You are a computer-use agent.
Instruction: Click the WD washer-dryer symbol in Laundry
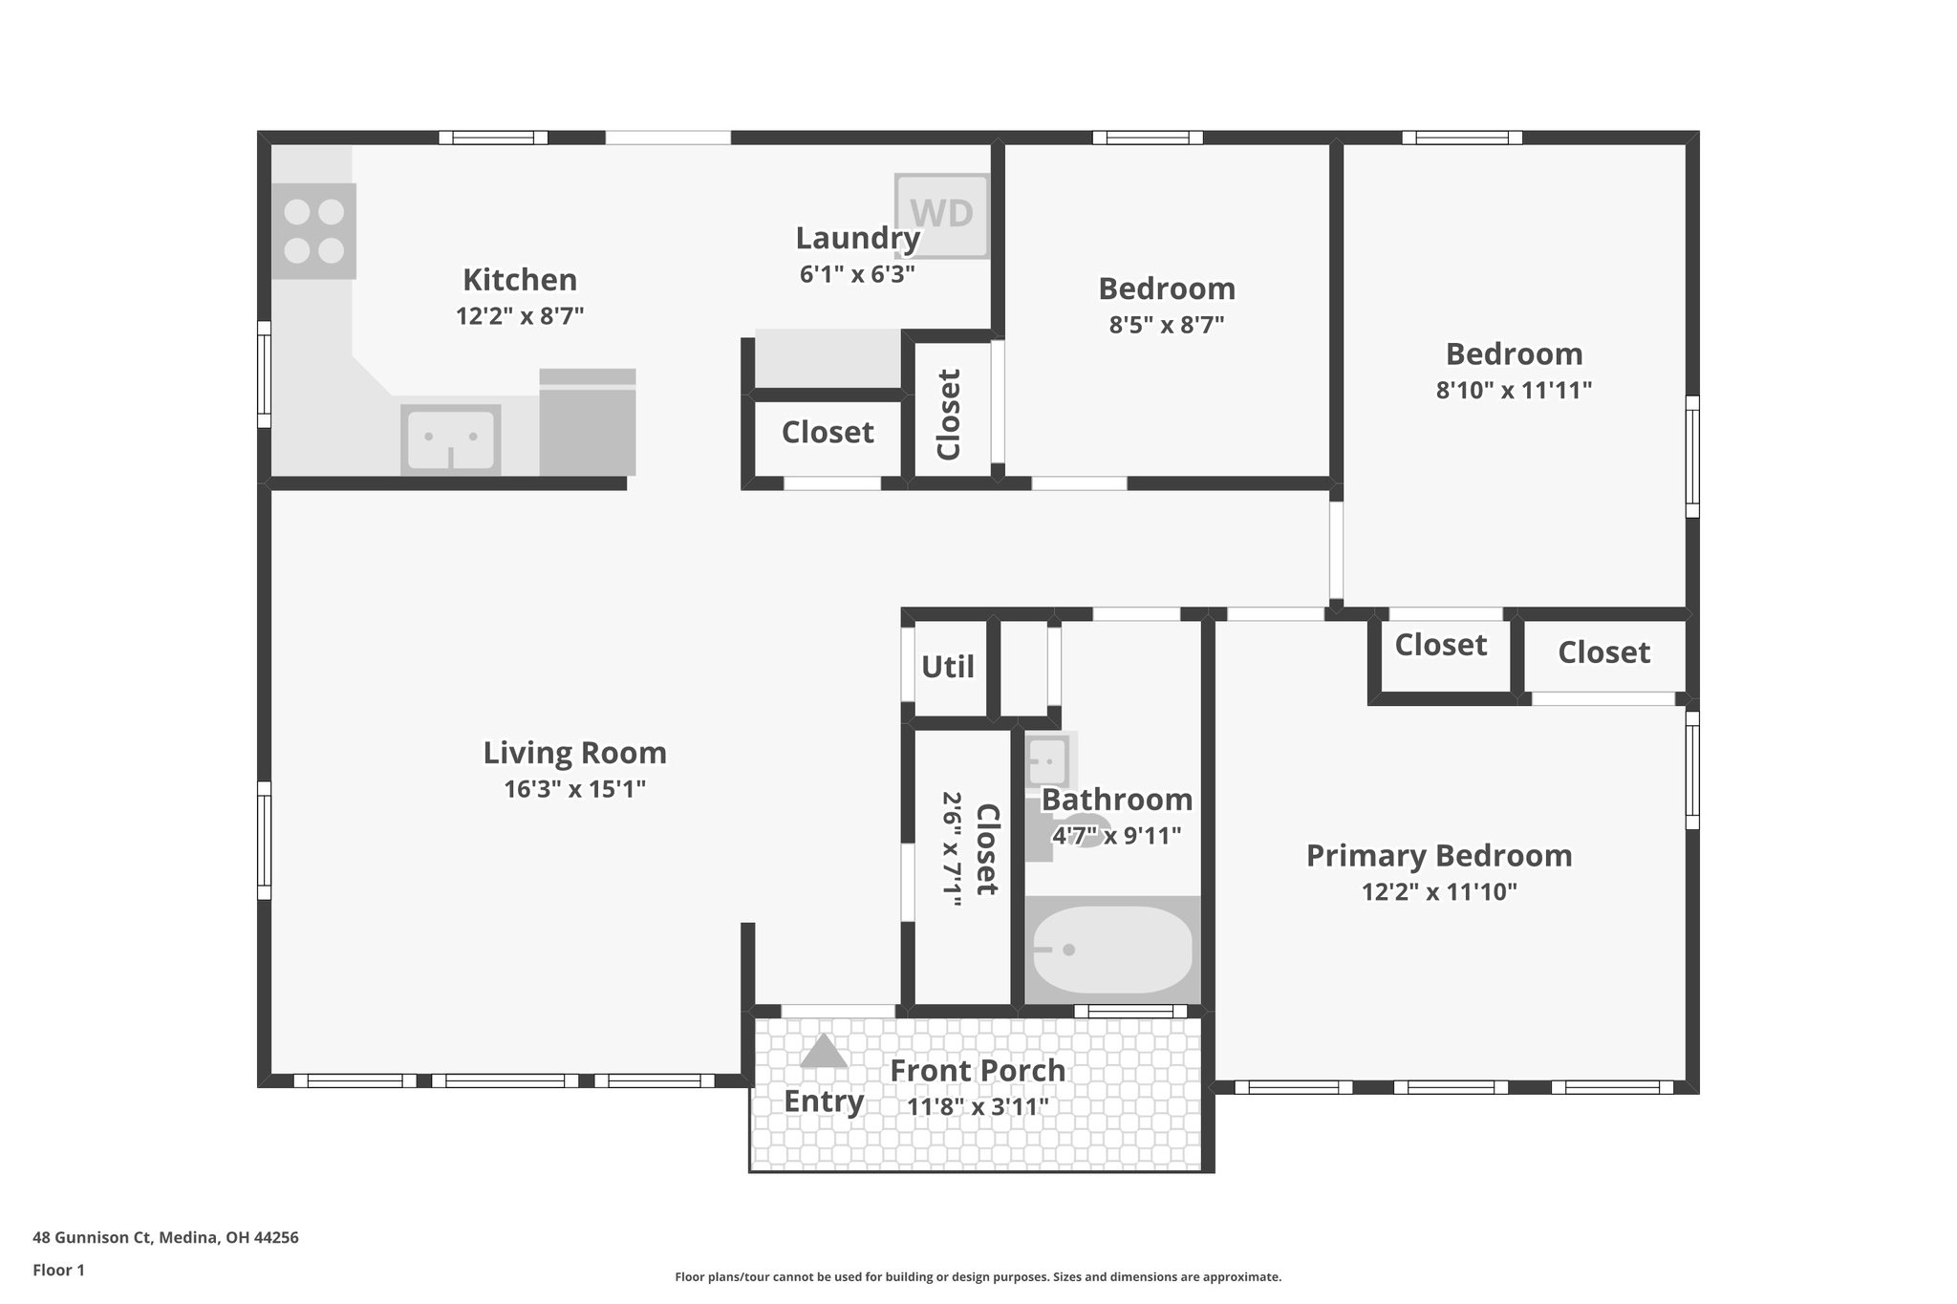pyautogui.click(x=941, y=215)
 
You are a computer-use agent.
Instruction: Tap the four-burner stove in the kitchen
pyautogui.click(x=313, y=231)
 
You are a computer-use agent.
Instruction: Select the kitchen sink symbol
pyautogui.click(x=450, y=438)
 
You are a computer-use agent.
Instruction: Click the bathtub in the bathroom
pyautogui.click(x=1112, y=949)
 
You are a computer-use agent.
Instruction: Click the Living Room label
pyautogui.click(x=574, y=753)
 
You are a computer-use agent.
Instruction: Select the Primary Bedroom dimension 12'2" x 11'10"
pyautogui.click(x=1439, y=892)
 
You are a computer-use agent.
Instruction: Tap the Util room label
pyautogui.click(x=947, y=667)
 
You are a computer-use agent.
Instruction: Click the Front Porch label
pyautogui.click(x=978, y=1071)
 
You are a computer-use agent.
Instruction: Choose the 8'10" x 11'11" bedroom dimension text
pyautogui.click(x=1514, y=390)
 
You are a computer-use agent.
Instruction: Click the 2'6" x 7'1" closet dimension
pyautogui.click(x=952, y=848)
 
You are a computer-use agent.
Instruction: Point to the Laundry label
pyautogui.click(x=857, y=238)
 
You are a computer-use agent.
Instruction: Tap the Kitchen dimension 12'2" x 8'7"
pyautogui.click(x=520, y=315)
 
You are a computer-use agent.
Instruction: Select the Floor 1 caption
pyautogui.click(x=58, y=1270)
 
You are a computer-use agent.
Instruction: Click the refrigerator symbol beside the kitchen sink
pyautogui.click(x=587, y=422)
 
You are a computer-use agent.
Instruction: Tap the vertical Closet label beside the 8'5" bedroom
pyautogui.click(x=948, y=415)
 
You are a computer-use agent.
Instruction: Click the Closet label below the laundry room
pyautogui.click(x=828, y=433)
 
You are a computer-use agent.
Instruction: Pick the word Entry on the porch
pyautogui.click(x=824, y=1101)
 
